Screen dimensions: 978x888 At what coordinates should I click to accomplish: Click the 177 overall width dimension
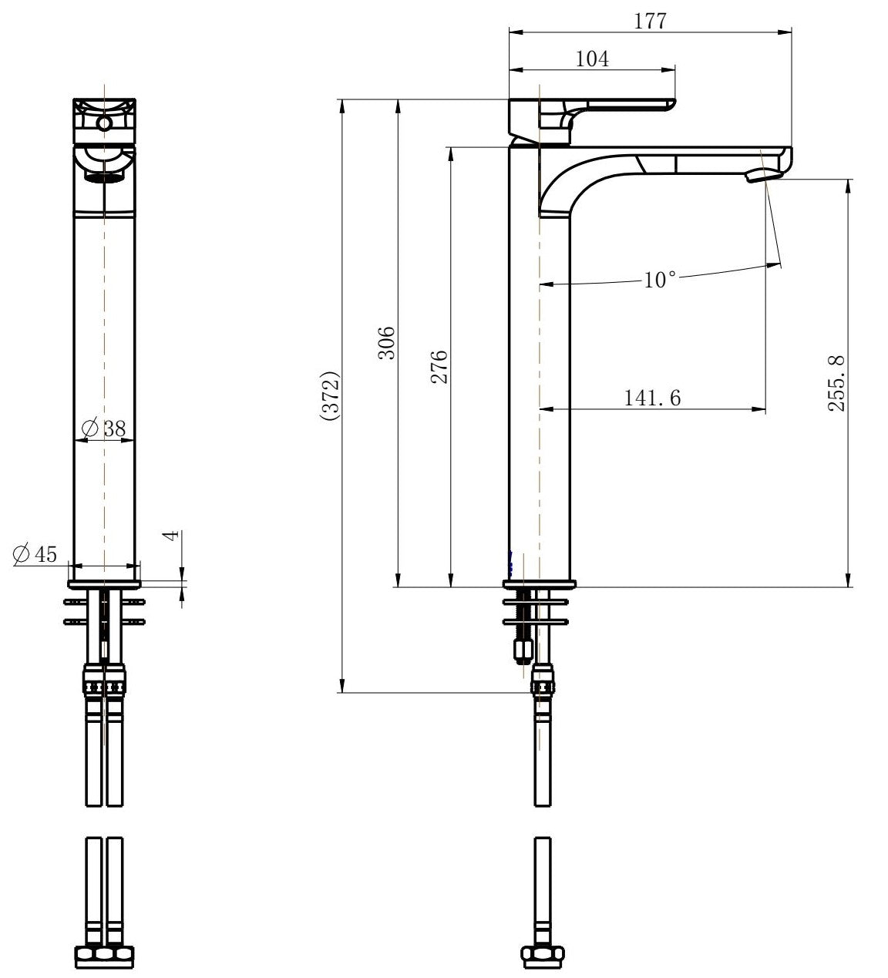tap(650, 21)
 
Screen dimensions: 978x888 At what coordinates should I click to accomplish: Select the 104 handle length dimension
tap(592, 59)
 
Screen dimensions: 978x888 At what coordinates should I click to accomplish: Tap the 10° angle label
tap(660, 279)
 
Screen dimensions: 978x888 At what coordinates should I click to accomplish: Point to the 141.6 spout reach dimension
tap(652, 398)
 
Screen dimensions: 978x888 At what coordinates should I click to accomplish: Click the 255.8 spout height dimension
tap(837, 383)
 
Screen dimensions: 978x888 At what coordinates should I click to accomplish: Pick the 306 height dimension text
tap(387, 343)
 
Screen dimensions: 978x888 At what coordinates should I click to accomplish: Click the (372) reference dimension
tap(331, 397)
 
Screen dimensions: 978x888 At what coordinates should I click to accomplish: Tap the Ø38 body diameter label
tap(103, 429)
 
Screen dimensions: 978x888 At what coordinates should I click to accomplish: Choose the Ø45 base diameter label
tap(35, 553)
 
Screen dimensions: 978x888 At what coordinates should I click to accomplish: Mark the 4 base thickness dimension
tap(172, 535)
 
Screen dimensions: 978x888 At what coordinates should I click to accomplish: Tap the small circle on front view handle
tap(104, 123)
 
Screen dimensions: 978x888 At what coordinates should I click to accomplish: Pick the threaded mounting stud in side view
tap(523, 624)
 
